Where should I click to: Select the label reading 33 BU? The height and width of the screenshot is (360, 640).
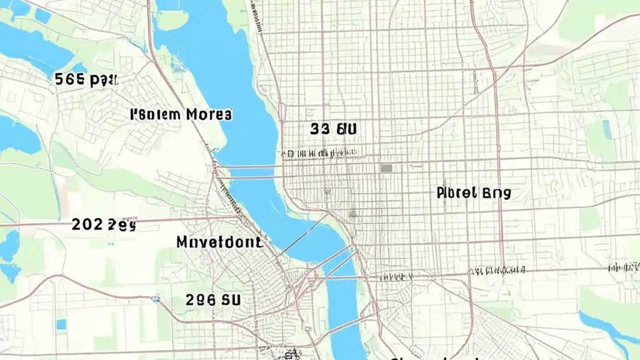click(x=333, y=129)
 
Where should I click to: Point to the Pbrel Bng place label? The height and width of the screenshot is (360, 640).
click(x=473, y=193)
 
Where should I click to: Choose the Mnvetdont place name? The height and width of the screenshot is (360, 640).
click(x=219, y=243)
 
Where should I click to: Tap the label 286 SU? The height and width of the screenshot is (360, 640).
click(x=213, y=300)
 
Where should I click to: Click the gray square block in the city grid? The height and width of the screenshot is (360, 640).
click(x=385, y=168)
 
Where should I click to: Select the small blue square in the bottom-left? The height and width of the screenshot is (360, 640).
click(x=61, y=324)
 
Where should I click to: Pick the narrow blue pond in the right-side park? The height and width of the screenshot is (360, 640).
click(x=606, y=129)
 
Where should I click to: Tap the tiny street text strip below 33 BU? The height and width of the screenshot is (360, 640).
click(x=320, y=152)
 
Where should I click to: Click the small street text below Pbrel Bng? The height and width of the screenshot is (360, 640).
click(x=497, y=270)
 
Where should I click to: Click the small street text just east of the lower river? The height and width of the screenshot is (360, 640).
click(x=395, y=276)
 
